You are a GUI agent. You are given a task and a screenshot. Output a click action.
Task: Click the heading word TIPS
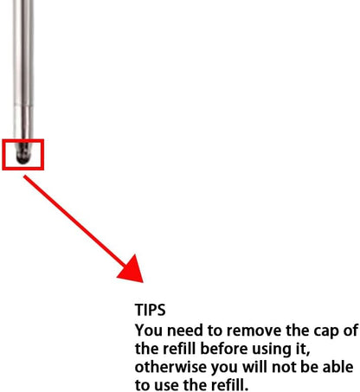pyautogui.click(x=150, y=310)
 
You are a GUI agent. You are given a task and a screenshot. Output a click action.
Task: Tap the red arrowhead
pyautogui.click(x=132, y=271)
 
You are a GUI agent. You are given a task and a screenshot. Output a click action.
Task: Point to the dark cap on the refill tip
pyautogui.click(x=23, y=153)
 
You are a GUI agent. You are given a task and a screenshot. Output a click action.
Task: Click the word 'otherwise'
pyautogui.click(x=170, y=368)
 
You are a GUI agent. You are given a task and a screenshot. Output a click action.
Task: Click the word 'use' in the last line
pyautogui.click(x=165, y=386)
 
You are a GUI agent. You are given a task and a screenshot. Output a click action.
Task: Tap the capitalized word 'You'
pyautogui.click(x=149, y=331)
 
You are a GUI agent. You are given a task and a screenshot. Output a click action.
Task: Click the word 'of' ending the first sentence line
pyautogui.click(x=350, y=331)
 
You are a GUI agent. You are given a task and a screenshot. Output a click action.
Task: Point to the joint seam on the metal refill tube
pyautogui.click(x=23, y=106)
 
